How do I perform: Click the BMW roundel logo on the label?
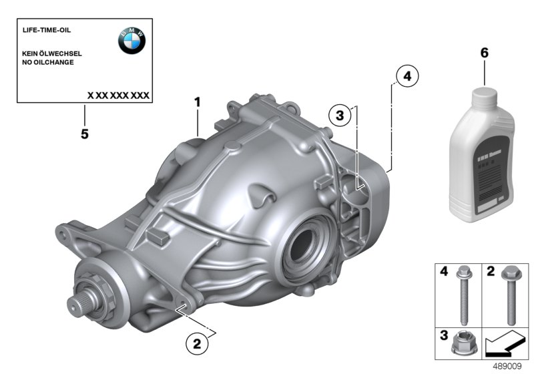(x=131, y=41)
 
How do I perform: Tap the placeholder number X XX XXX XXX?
(x=118, y=96)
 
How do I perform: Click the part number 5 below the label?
(x=84, y=134)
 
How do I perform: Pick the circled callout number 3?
(x=340, y=116)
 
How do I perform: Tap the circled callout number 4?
(x=407, y=77)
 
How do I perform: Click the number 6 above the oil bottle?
(x=484, y=51)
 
